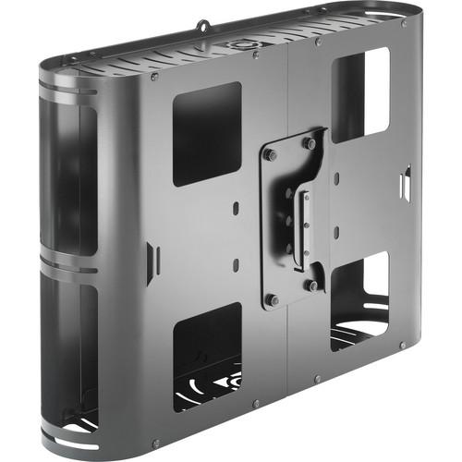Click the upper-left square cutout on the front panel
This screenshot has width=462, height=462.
[x=207, y=133]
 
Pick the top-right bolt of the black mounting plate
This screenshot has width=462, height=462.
[x=310, y=143]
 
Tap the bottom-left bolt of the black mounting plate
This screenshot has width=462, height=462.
[x=272, y=298]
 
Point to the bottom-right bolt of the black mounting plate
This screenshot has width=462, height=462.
[x=312, y=286]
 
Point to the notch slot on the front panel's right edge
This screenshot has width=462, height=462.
[x=404, y=181]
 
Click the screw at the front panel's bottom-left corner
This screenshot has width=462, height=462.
[x=154, y=444]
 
